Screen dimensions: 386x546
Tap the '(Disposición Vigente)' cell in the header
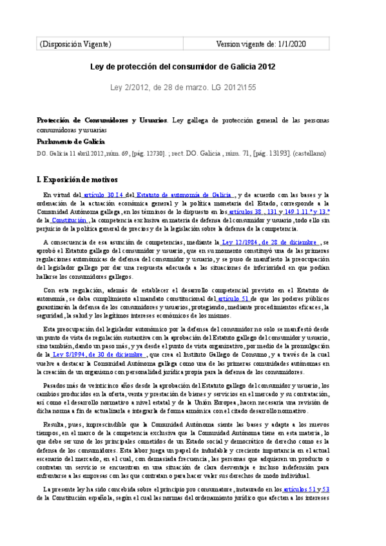[76, 44]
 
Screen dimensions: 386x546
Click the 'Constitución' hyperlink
[70, 220]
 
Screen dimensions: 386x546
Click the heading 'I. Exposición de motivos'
[78, 179]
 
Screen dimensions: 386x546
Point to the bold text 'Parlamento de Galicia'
[71, 142]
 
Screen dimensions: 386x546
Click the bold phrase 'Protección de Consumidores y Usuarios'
[102, 120]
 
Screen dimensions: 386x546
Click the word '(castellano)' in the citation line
[309, 154]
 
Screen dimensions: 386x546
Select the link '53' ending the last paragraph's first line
[344, 490]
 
